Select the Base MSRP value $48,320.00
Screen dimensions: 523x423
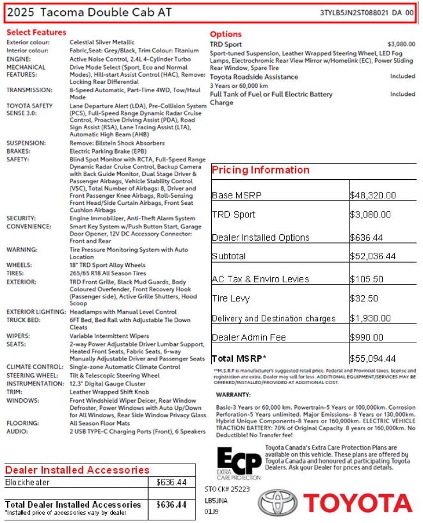pos(373,196)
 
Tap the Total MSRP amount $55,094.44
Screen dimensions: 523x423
pos(373,358)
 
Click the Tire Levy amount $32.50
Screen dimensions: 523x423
pos(364,298)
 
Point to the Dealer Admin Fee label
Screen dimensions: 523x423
pos(248,338)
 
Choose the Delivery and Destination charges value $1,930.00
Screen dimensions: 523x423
pos(370,318)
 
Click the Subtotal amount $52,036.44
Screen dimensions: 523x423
pos(373,256)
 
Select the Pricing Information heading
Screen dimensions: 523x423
pos(260,170)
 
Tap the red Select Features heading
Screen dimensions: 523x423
pos(36,33)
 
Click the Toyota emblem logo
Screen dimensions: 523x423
pos(278,502)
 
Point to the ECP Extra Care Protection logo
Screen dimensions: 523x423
pos(238,463)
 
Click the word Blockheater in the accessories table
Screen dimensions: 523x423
pos(27,483)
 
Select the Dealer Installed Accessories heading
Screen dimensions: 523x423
pos(77,470)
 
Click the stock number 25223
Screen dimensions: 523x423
pos(240,489)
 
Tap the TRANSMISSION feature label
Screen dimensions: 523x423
pos(29,90)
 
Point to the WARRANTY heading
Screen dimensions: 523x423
pos(234,394)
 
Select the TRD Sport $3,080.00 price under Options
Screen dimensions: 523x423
pos(401,44)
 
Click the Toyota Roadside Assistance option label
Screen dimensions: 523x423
pos(255,77)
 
